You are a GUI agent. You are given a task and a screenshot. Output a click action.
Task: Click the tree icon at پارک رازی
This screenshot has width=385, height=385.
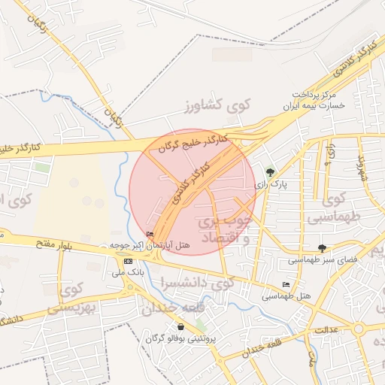pos(271,171)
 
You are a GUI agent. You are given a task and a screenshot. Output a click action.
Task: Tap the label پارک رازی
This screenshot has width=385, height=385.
pos(269,183)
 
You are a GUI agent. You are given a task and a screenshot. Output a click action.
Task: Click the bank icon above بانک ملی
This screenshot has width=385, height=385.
pos(127,260)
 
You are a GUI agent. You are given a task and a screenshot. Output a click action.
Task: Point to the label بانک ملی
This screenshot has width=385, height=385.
pos(127,271)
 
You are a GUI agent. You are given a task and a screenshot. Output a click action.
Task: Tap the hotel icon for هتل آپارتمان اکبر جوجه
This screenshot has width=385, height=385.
pos(150,235)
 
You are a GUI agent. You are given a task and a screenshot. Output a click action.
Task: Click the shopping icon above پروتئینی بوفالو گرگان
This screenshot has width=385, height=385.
pos(181,327)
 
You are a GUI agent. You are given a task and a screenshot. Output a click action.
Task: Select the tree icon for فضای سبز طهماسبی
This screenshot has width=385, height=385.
pos(323,248)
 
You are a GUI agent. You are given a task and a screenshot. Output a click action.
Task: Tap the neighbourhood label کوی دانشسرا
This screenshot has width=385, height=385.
pos(197,283)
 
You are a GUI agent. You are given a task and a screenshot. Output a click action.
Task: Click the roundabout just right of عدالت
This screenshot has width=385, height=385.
pos(359,329)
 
